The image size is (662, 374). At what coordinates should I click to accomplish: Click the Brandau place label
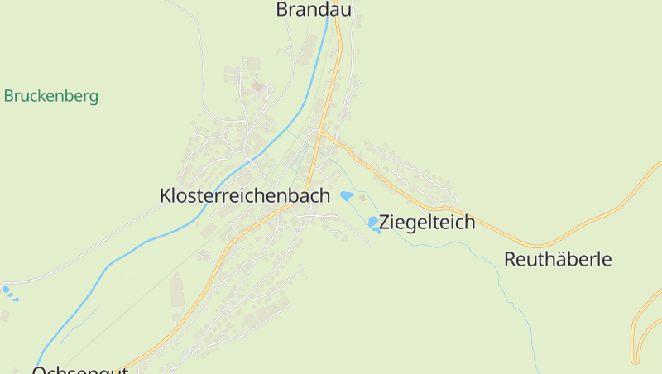pos(314,10)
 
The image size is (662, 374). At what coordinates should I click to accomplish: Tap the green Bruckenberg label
pos(51,96)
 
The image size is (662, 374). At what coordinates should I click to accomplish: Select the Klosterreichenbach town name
pos(244,196)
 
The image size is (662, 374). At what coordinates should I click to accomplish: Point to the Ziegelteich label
pos(427,222)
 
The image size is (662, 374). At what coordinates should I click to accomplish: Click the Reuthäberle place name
pos(558,259)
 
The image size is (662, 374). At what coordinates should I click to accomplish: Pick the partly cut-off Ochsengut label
pos(79,369)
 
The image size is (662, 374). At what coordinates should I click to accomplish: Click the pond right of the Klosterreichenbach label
pos(347,196)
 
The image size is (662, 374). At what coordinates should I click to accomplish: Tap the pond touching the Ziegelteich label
pos(373,223)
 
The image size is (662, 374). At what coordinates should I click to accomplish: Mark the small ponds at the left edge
pos(7,290)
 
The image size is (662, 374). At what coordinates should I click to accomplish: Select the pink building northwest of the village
pos(257,86)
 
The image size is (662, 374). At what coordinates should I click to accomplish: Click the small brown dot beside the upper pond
pos(361,197)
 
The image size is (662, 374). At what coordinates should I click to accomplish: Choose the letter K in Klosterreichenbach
pos(165,196)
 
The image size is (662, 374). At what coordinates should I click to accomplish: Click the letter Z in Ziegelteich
pos(385,222)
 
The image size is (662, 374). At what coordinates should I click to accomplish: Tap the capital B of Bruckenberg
pos(8,96)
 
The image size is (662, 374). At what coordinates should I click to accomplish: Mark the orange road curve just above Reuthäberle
pos(538,245)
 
